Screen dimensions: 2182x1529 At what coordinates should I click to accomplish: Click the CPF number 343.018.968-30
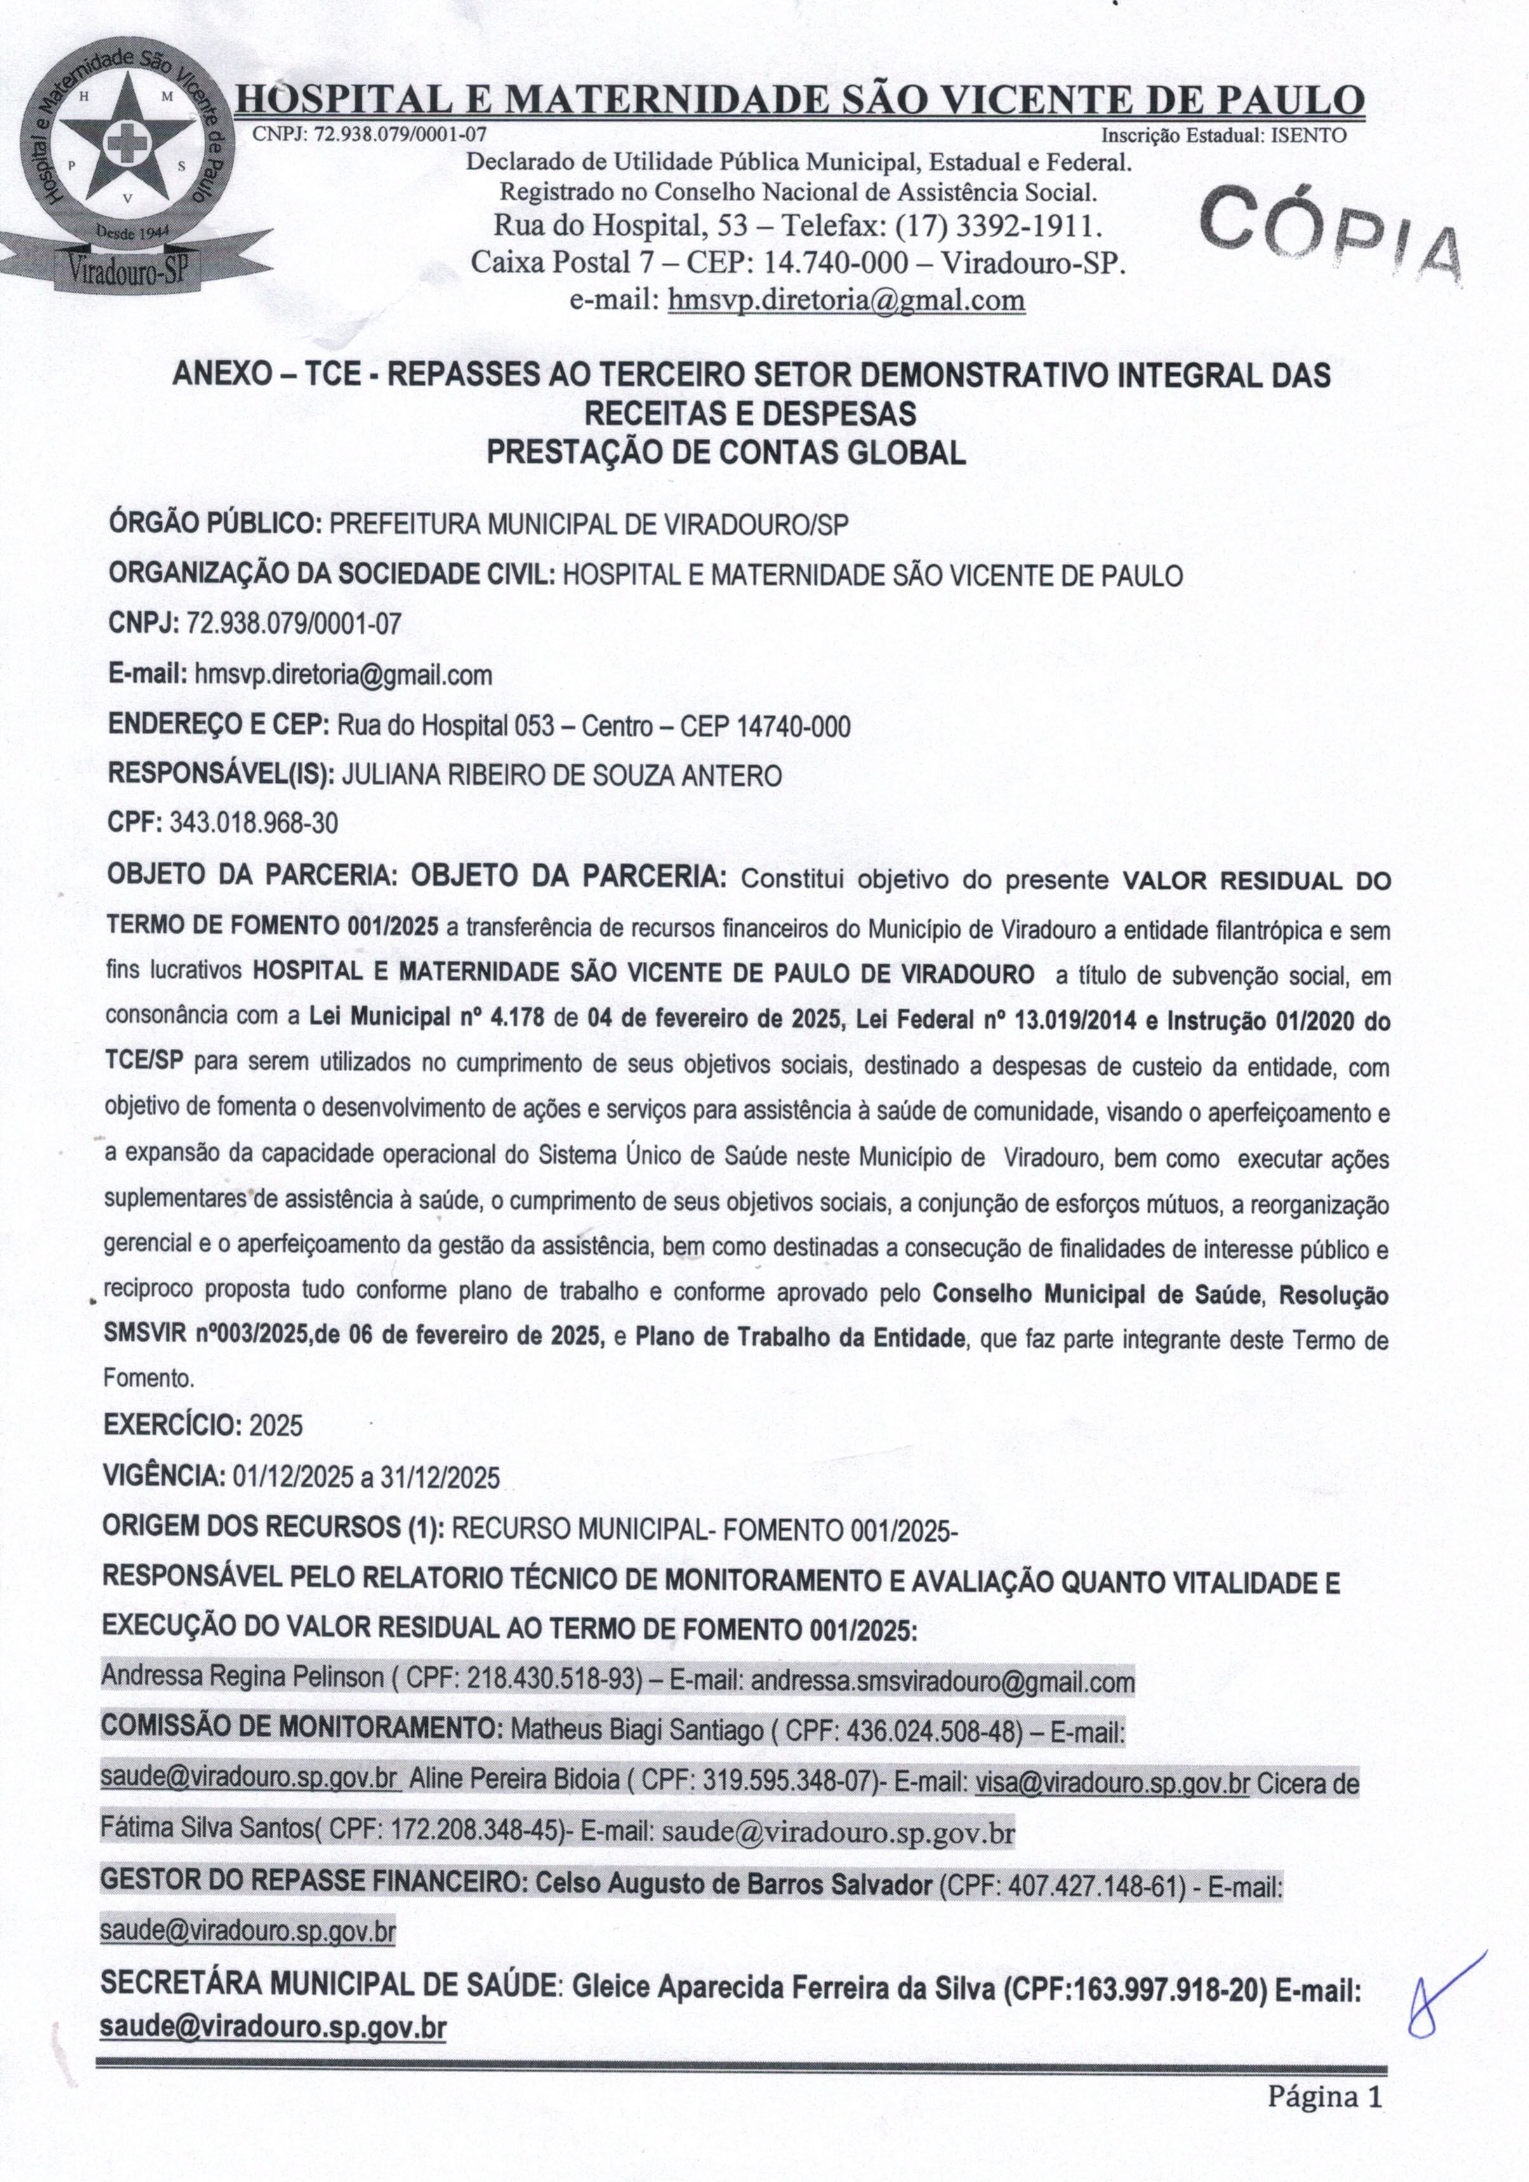pos(254,823)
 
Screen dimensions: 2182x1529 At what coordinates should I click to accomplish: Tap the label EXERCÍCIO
pos(171,1425)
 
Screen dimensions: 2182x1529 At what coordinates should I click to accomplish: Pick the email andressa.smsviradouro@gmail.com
pos(943,1682)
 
